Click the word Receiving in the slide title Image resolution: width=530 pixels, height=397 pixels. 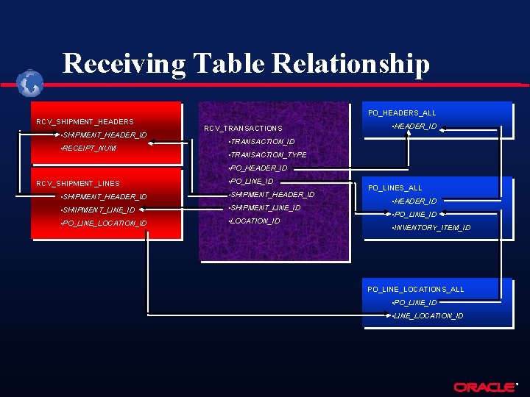(x=124, y=64)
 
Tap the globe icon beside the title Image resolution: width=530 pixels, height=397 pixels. (x=31, y=84)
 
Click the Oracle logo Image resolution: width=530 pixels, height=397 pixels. (x=484, y=387)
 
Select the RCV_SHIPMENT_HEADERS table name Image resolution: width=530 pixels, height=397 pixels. (x=85, y=121)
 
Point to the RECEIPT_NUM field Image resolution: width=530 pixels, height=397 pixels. (x=89, y=149)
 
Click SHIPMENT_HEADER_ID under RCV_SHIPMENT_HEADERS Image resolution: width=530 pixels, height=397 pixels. (x=105, y=135)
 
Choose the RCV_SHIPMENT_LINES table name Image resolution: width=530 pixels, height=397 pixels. (x=78, y=183)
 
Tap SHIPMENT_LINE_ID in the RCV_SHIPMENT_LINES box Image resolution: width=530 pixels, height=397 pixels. (x=99, y=210)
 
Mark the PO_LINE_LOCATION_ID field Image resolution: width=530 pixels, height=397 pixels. (x=105, y=223)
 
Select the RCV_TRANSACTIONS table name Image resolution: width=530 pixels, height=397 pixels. (x=243, y=129)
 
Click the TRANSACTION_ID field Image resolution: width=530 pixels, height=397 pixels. (x=262, y=142)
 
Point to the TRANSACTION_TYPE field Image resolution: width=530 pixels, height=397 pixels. (x=268, y=155)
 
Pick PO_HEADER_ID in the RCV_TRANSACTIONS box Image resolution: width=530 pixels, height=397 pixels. (x=258, y=168)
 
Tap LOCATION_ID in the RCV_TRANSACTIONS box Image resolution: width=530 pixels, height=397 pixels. (x=255, y=221)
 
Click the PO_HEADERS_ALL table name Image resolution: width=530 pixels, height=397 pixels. (x=402, y=113)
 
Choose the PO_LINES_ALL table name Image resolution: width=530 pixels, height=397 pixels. (x=395, y=188)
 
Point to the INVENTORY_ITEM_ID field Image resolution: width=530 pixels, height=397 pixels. (x=432, y=228)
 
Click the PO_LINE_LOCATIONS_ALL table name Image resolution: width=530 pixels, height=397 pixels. (x=415, y=290)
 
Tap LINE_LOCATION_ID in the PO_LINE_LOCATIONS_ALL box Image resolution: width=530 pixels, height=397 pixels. (x=428, y=316)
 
